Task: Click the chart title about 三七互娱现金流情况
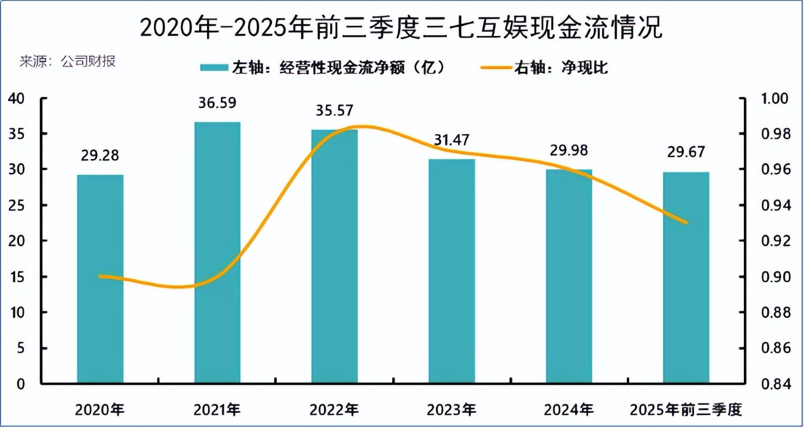pos(401,28)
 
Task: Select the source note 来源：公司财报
pos(68,61)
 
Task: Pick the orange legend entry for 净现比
pos(544,68)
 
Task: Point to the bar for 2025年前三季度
pos(686,277)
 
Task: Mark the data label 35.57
pos(334,110)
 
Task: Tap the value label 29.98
pos(569,150)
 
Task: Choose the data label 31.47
pos(452,140)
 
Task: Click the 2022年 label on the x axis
pos(334,410)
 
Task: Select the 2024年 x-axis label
pos(569,410)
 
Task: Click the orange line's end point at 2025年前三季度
pos(686,223)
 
